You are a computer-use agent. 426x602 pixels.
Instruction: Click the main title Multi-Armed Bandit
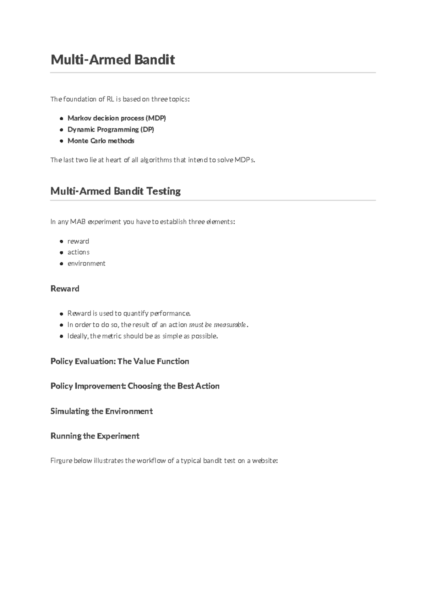pos(113,60)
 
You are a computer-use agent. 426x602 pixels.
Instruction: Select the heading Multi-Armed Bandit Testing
pos(115,191)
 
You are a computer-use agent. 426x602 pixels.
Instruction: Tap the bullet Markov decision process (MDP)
pos(116,118)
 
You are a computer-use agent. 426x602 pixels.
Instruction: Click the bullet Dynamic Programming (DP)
pos(110,129)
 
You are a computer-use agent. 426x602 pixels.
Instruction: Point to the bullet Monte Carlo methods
pos(101,141)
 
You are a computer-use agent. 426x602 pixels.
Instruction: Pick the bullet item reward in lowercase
pos(78,241)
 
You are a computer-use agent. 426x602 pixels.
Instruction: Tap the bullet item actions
pos(78,252)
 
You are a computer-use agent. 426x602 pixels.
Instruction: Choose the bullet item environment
pos(86,263)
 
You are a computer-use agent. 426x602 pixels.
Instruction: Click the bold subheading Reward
pos(65,289)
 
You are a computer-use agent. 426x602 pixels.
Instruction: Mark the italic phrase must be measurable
pos(217,325)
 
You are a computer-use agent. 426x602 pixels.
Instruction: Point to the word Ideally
pos(78,336)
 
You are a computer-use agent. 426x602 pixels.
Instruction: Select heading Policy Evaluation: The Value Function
pos(120,361)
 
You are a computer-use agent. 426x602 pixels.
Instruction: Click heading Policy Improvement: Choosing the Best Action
pos(135,386)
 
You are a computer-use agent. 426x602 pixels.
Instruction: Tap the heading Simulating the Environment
pos(102,411)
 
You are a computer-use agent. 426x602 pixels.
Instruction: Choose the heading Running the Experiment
pos(95,436)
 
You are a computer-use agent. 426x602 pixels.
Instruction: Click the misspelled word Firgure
pos(61,461)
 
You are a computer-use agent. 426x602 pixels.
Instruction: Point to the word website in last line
pos(264,461)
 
